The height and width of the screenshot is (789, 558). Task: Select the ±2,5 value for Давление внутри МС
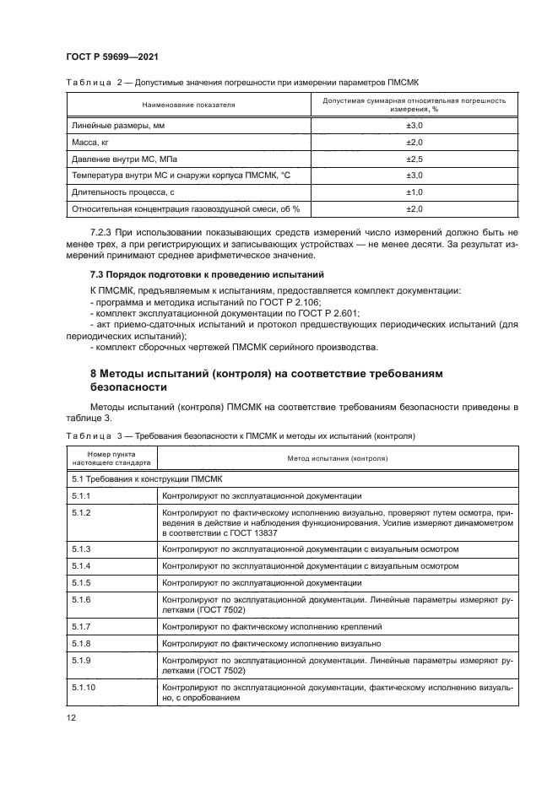(x=414, y=158)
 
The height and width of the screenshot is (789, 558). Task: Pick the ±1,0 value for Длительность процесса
(x=414, y=192)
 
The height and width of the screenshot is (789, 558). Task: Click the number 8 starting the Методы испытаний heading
(x=94, y=372)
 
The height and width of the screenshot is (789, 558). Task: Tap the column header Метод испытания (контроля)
(x=336, y=460)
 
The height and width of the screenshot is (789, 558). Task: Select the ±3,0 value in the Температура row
(x=414, y=175)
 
